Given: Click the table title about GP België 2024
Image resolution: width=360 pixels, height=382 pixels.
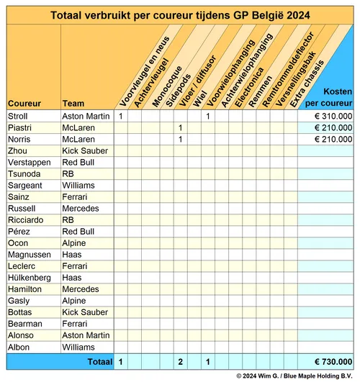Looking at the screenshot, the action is [x=179, y=15].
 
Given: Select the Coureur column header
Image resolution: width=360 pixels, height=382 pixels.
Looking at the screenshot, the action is [x=24, y=103].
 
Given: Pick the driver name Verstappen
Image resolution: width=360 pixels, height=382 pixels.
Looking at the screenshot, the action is [x=28, y=162].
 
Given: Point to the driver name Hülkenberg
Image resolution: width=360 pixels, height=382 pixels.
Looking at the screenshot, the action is [x=30, y=277].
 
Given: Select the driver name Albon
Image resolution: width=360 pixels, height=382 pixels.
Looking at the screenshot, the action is [x=19, y=346].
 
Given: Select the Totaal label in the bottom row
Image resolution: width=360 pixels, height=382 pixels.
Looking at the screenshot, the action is [x=100, y=361].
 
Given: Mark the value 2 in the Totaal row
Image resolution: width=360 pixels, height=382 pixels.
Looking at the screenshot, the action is [x=179, y=361].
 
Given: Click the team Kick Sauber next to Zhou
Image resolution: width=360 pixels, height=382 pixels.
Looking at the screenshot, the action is [x=85, y=150].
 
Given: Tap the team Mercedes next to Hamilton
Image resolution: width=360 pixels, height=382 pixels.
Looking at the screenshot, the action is [x=80, y=288].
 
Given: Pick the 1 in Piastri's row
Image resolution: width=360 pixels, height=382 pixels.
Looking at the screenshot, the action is [x=179, y=127].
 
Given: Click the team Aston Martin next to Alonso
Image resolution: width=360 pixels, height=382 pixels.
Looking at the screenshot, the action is [x=86, y=335].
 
